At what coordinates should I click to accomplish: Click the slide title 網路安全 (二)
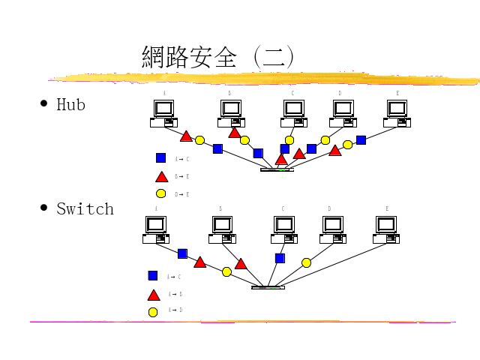(217, 57)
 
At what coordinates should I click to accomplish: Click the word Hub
(71, 104)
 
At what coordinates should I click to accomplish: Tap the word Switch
(85, 208)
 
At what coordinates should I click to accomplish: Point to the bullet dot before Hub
(44, 103)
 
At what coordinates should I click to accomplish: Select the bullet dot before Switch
(44, 207)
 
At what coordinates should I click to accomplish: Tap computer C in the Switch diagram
(284, 229)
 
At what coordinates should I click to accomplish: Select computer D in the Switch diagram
(332, 229)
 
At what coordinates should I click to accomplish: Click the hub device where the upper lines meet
(277, 169)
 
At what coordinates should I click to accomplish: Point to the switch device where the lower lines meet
(268, 287)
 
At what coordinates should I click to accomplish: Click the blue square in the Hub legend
(160, 157)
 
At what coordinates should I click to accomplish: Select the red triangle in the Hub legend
(160, 177)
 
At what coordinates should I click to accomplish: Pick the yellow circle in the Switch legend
(153, 312)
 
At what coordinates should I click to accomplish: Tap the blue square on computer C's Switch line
(280, 258)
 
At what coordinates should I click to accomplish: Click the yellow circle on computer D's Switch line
(306, 262)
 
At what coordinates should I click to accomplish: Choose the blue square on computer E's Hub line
(361, 139)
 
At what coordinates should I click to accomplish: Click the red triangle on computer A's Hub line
(186, 136)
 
